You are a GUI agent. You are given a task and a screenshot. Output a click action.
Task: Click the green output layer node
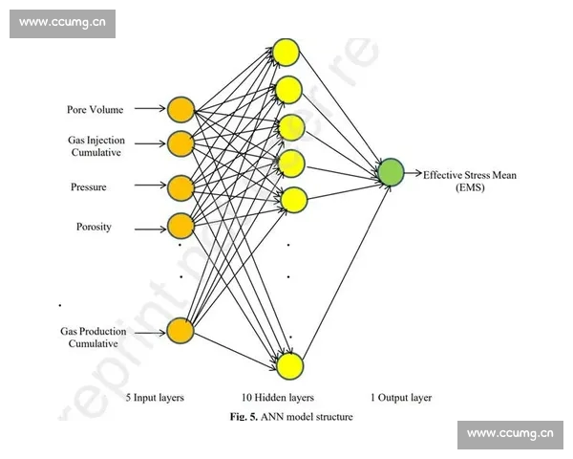coord(391,172)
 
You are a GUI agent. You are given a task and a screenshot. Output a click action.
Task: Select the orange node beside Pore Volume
coord(180,109)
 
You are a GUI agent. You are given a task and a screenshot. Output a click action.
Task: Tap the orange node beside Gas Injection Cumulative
coord(180,144)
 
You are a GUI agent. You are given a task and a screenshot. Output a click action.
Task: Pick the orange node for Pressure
coord(180,186)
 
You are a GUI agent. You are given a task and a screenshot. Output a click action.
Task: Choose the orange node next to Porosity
coord(180,226)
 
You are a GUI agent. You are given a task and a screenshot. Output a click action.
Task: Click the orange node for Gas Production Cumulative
coord(180,331)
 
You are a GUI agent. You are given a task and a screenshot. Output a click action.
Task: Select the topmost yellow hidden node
coord(286,52)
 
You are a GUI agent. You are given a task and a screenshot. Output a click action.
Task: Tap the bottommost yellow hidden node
coord(290,365)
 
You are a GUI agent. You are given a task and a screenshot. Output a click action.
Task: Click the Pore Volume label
coord(95,110)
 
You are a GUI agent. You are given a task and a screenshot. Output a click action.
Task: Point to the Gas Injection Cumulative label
coord(95,146)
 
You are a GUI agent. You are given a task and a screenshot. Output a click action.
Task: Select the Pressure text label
coord(88,187)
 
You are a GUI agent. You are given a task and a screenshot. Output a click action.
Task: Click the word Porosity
coord(94,227)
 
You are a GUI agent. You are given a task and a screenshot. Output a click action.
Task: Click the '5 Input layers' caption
coord(155,397)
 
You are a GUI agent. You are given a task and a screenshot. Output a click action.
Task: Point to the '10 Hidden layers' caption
coord(278,397)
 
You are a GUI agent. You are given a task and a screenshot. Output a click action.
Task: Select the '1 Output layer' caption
coord(400,397)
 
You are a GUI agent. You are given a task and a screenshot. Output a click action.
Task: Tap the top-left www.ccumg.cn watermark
coord(62,24)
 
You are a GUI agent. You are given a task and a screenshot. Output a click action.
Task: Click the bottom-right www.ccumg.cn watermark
coord(510,435)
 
